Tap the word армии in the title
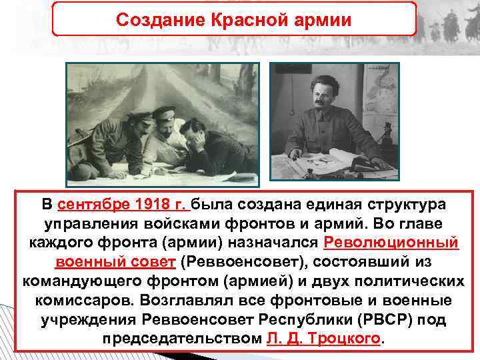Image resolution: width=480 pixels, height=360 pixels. [x=325, y=19]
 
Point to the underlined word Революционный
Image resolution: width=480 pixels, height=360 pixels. [x=391, y=241]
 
